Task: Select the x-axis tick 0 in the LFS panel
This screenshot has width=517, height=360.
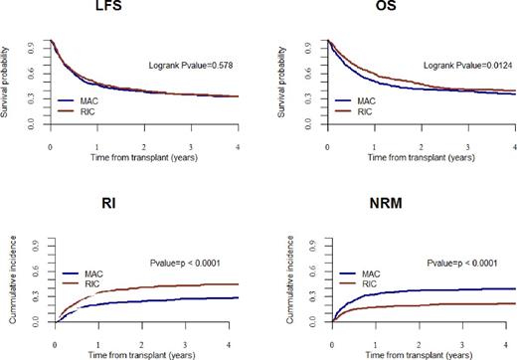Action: pos(50,145)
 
